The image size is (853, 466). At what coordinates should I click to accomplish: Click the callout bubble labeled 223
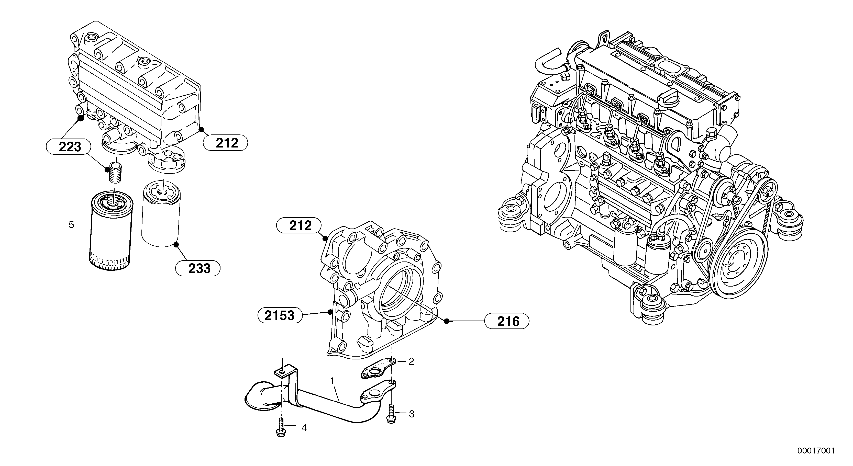[x=70, y=147]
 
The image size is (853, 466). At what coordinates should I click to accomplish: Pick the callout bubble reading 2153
[x=280, y=315]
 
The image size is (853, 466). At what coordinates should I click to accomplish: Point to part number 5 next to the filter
[x=72, y=225]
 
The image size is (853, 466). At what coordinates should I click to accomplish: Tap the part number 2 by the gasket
[x=411, y=361]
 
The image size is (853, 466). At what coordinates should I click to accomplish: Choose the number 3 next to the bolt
[x=412, y=414]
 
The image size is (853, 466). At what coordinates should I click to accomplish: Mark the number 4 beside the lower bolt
[x=304, y=428]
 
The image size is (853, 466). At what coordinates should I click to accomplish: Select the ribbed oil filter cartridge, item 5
[x=111, y=232]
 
